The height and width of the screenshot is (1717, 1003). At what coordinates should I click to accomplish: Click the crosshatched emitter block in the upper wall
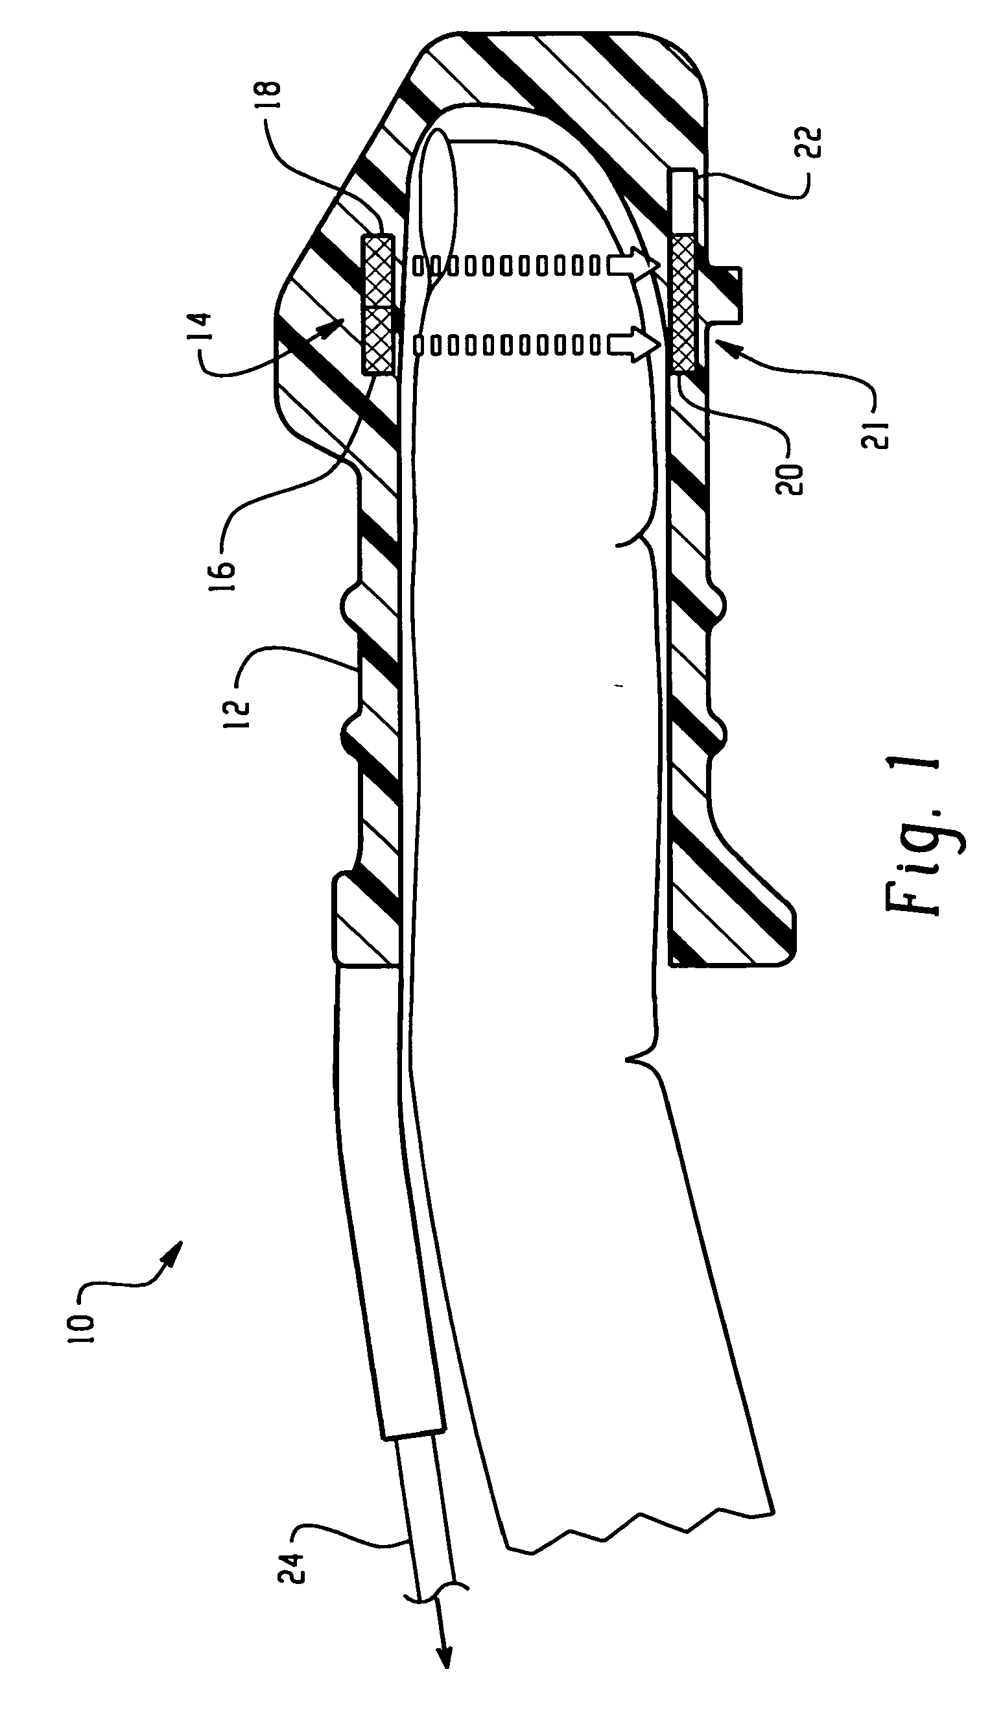click(377, 304)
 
